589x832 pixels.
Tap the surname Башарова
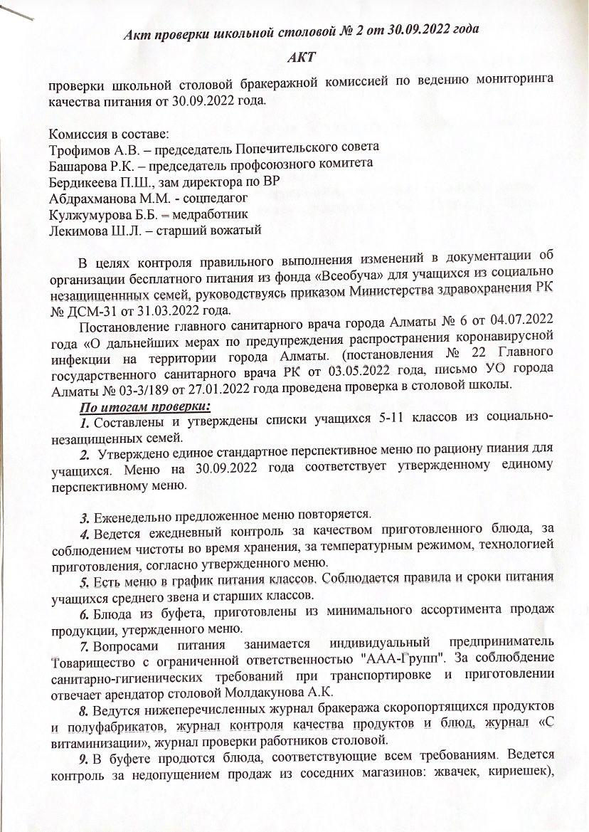pos(78,164)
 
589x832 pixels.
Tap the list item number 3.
pos(84,515)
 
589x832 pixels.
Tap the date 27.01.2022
pos(259,385)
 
